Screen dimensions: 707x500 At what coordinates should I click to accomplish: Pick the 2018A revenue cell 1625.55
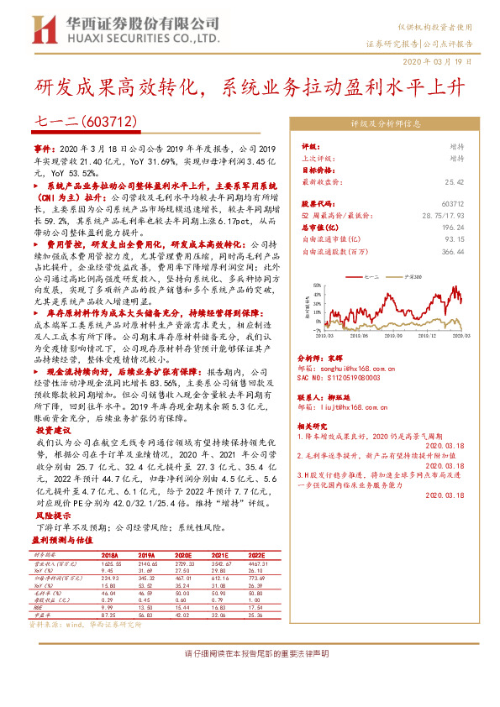point(109,563)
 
